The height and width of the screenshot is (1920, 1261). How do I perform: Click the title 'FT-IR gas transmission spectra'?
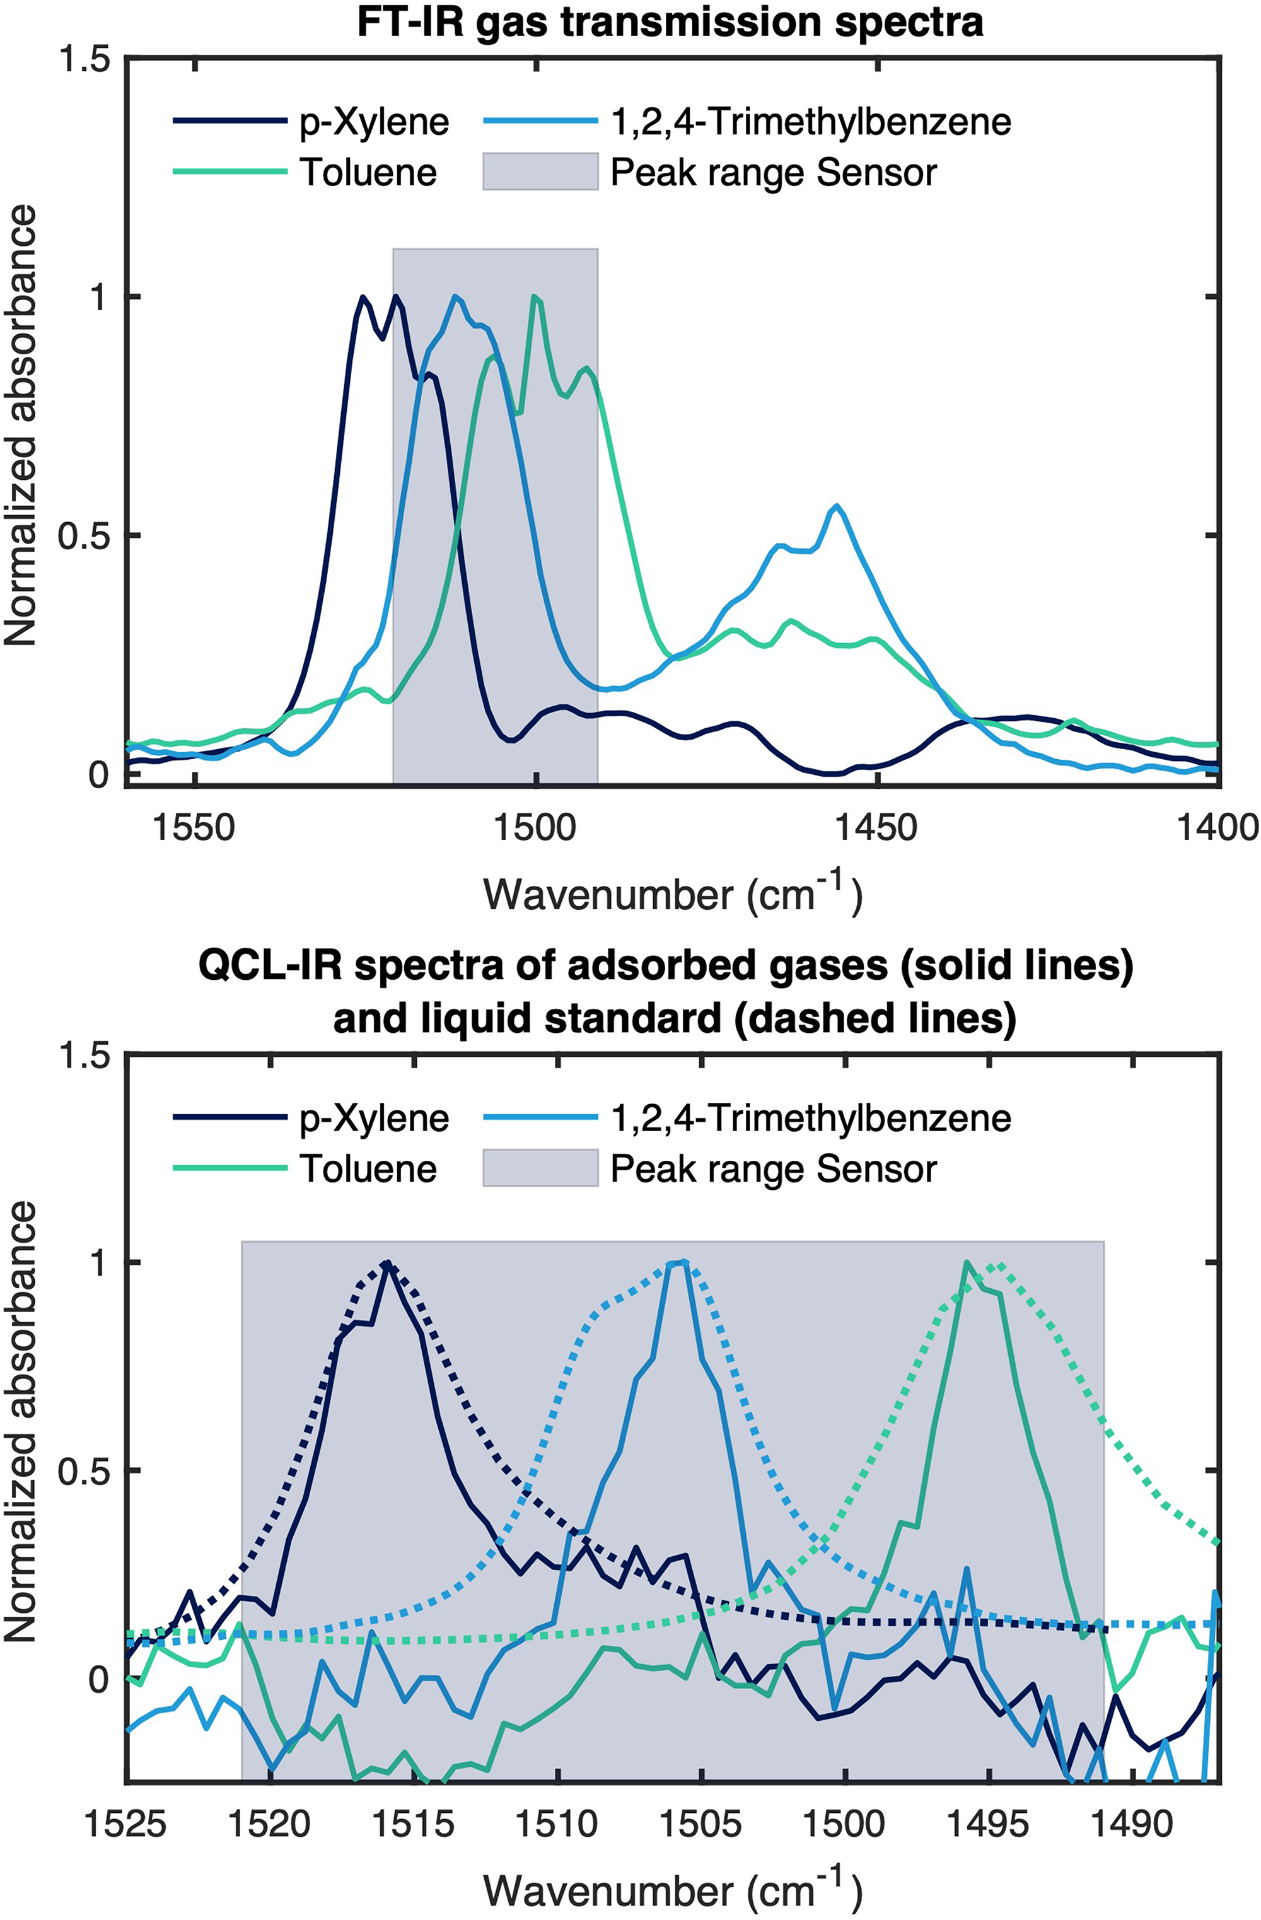point(670,22)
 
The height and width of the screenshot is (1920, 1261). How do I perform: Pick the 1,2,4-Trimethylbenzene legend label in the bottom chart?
point(811,1117)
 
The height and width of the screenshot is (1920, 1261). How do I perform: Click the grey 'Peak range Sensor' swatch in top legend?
point(540,172)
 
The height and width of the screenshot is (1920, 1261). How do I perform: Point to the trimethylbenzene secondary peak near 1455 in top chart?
point(837,506)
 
